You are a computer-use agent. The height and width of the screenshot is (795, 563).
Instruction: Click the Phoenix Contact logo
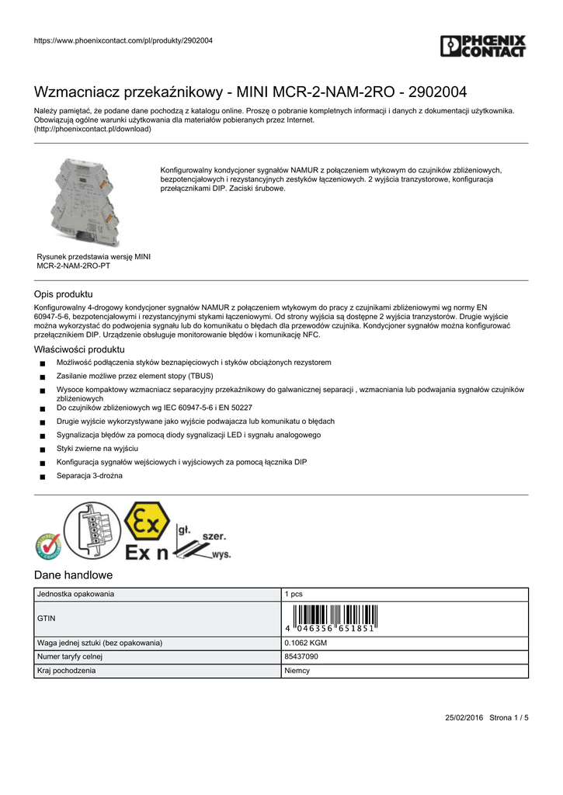click(x=483, y=46)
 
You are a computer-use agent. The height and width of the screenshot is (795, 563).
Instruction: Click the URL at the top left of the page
click(x=123, y=40)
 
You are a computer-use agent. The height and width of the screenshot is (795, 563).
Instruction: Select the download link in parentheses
click(x=92, y=130)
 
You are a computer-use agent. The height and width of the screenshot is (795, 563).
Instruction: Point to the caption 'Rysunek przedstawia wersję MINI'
click(x=94, y=256)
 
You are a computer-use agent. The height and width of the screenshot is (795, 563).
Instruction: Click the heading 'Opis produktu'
click(x=64, y=294)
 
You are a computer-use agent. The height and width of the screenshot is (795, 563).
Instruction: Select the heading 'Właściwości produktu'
click(x=79, y=349)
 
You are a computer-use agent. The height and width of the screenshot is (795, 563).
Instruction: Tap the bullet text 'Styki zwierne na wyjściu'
click(x=97, y=449)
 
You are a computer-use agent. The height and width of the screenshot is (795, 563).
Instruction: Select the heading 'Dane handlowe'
click(x=74, y=575)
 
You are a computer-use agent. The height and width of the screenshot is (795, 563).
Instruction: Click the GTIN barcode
click(x=330, y=618)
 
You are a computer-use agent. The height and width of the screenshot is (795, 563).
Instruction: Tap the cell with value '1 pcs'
click(x=294, y=594)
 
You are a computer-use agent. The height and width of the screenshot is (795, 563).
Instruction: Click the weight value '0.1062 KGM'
click(x=306, y=643)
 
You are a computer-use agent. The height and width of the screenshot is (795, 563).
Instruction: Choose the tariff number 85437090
click(x=301, y=657)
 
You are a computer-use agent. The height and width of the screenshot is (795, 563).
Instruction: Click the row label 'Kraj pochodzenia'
click(x=67, y=671)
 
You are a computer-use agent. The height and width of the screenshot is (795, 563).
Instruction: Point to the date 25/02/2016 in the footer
click(x=464, y=718)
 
